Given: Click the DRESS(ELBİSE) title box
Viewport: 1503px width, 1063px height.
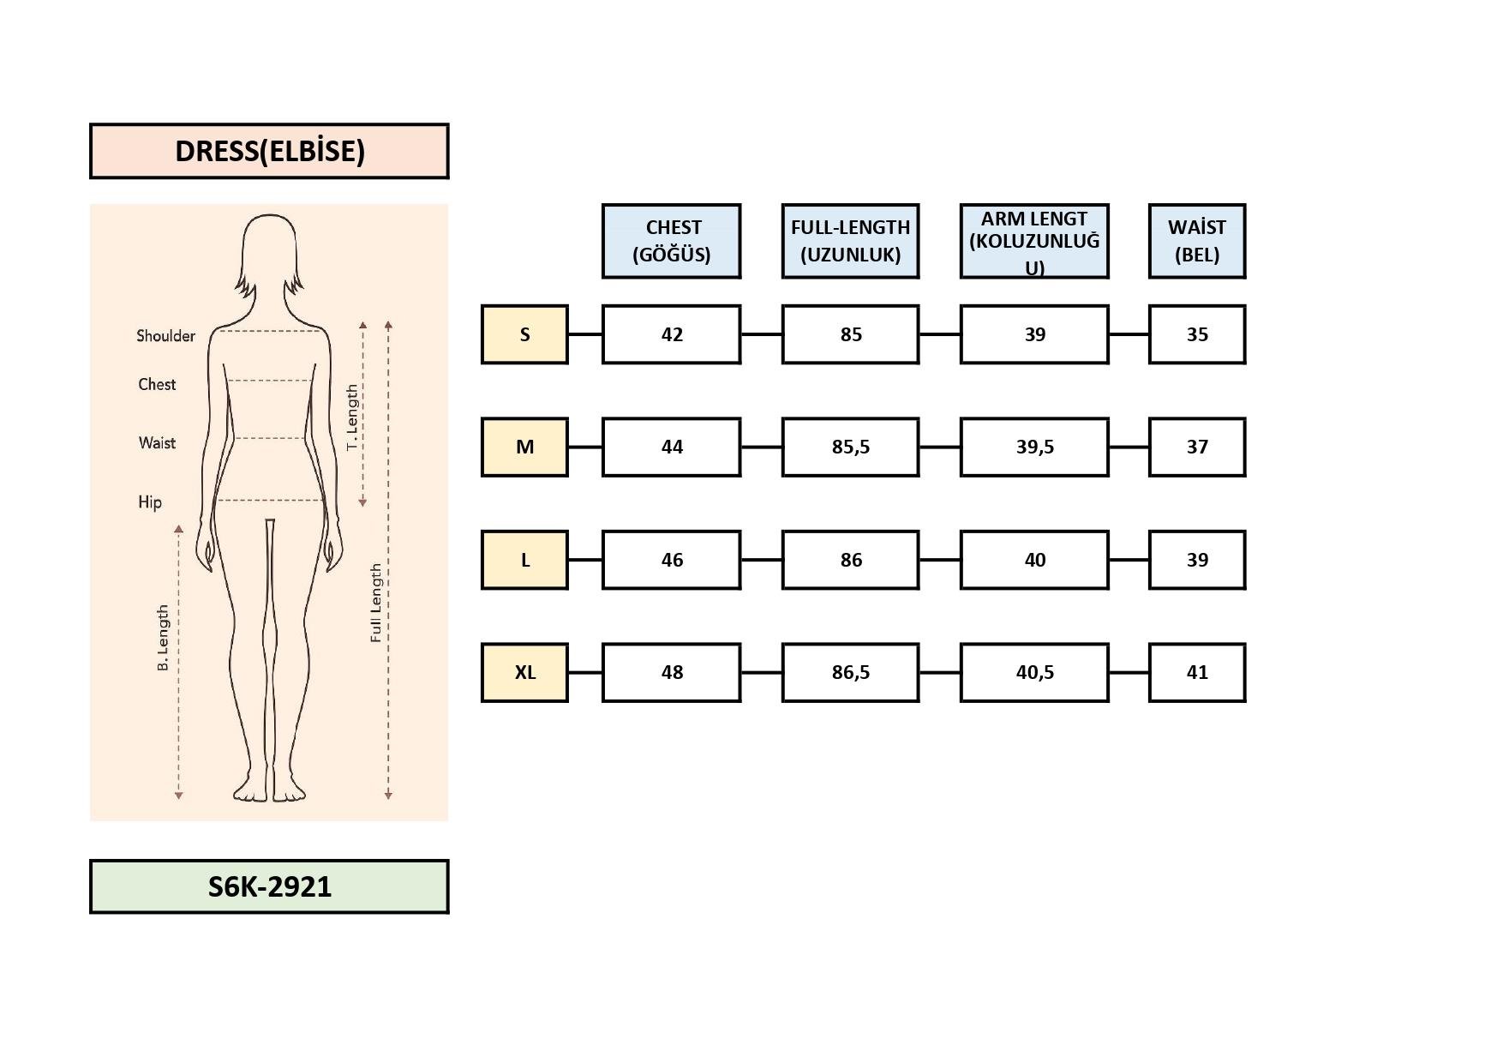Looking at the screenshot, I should [x=269, y=151].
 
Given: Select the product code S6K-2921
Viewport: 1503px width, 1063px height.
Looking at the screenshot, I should [x=269, y=886].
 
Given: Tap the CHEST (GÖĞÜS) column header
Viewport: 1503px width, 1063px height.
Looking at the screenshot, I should [x=671, y=241].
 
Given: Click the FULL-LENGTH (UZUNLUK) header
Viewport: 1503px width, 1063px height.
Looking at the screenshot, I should [x=850, y=241].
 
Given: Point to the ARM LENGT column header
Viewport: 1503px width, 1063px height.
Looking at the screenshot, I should [x=1034, y=241].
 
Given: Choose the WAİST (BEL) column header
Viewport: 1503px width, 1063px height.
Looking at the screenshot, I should [x=1196, y=241].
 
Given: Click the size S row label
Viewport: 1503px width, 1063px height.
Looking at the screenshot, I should [x=524, y=334].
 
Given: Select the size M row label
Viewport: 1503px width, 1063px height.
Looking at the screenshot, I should [x=524, y=447].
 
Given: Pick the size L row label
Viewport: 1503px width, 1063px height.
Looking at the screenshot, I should [x=524, y=560].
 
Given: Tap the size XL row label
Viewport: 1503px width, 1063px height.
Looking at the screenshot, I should [x=524, y=672].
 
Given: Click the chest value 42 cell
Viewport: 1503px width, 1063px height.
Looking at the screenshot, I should [x=671, y=334].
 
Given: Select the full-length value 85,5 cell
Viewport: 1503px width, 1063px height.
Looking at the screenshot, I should [x=850, y=447].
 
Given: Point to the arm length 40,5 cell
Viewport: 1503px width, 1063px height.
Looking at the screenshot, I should [x=1034, y=672].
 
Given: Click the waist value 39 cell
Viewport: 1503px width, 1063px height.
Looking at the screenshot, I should [x=1196, y=560].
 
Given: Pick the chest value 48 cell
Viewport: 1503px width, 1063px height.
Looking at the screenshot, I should [x=671, y=672].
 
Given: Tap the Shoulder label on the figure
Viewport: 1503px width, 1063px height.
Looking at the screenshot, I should [x=165, y=336].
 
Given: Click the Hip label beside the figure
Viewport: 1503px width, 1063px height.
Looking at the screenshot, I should [x=150, y=501].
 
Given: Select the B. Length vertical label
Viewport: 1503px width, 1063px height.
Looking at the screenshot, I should [x=163, y=638].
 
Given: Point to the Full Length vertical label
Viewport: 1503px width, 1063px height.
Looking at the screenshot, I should [x=375, y=604].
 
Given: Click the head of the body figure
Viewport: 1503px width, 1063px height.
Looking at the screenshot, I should [x=269, y=249].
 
